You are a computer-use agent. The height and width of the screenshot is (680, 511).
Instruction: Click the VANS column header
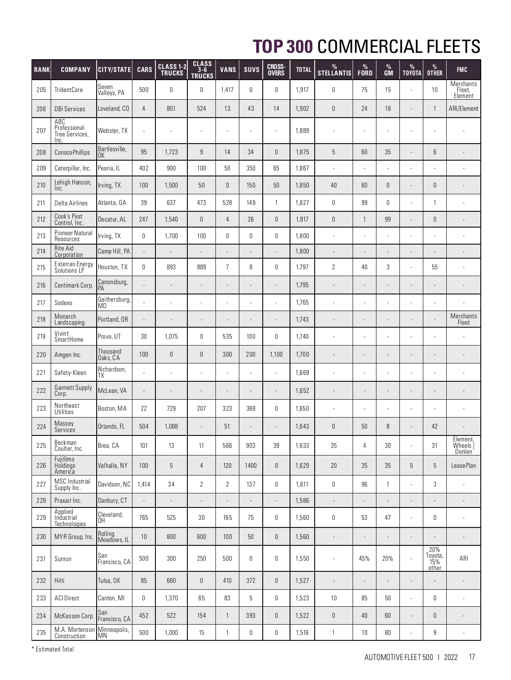pyautogui.click(x=228, y=69)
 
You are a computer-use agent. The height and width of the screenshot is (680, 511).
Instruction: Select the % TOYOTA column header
pyautogui.click(x=412, y=70)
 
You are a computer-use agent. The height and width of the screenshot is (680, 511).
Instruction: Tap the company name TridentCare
pyautogui.click(x=69, y=90)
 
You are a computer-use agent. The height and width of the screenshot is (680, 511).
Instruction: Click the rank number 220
pyautogui.click(x=41, y=354)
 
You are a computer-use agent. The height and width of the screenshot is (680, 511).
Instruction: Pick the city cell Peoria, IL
pyautogui.click(x=109, y=168)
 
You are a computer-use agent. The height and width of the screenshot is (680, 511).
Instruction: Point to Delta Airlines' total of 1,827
pyautogui.click(x=302, y=203)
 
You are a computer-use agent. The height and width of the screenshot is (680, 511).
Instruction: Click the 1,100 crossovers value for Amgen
pyautogui.click(x=276, y=354)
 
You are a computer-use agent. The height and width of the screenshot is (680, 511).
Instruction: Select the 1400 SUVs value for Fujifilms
pyautogui.click(x=251, y=466)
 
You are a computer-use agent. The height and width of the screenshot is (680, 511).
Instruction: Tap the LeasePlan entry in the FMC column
pyautogui.click(x=463, y=466)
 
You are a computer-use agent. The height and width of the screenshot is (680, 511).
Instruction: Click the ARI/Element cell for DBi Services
pyautogui.click(x=463, y=109)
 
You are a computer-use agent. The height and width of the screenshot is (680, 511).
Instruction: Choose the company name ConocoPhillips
pyautogui.click(x=72, y=152)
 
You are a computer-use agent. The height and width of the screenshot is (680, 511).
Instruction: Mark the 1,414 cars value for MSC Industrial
pyautogui.click(x=144, y=484)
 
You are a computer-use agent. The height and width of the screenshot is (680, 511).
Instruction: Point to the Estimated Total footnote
pyautogui.click(x=53, y=649)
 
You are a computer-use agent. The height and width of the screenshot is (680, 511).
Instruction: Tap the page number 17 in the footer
pyautogui.click(x=471, y=657)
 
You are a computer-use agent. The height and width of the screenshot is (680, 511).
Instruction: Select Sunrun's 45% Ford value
pyautogui.click(x=365, y=559)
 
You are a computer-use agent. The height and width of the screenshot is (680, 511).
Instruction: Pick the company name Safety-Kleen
pyautogui.click(x=70, y=373)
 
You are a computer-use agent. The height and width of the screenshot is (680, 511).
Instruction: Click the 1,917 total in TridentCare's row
pyautogui.click(x=302, y=90)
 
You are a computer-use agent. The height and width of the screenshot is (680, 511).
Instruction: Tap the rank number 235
pyautogui.click(x=41, y=633)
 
